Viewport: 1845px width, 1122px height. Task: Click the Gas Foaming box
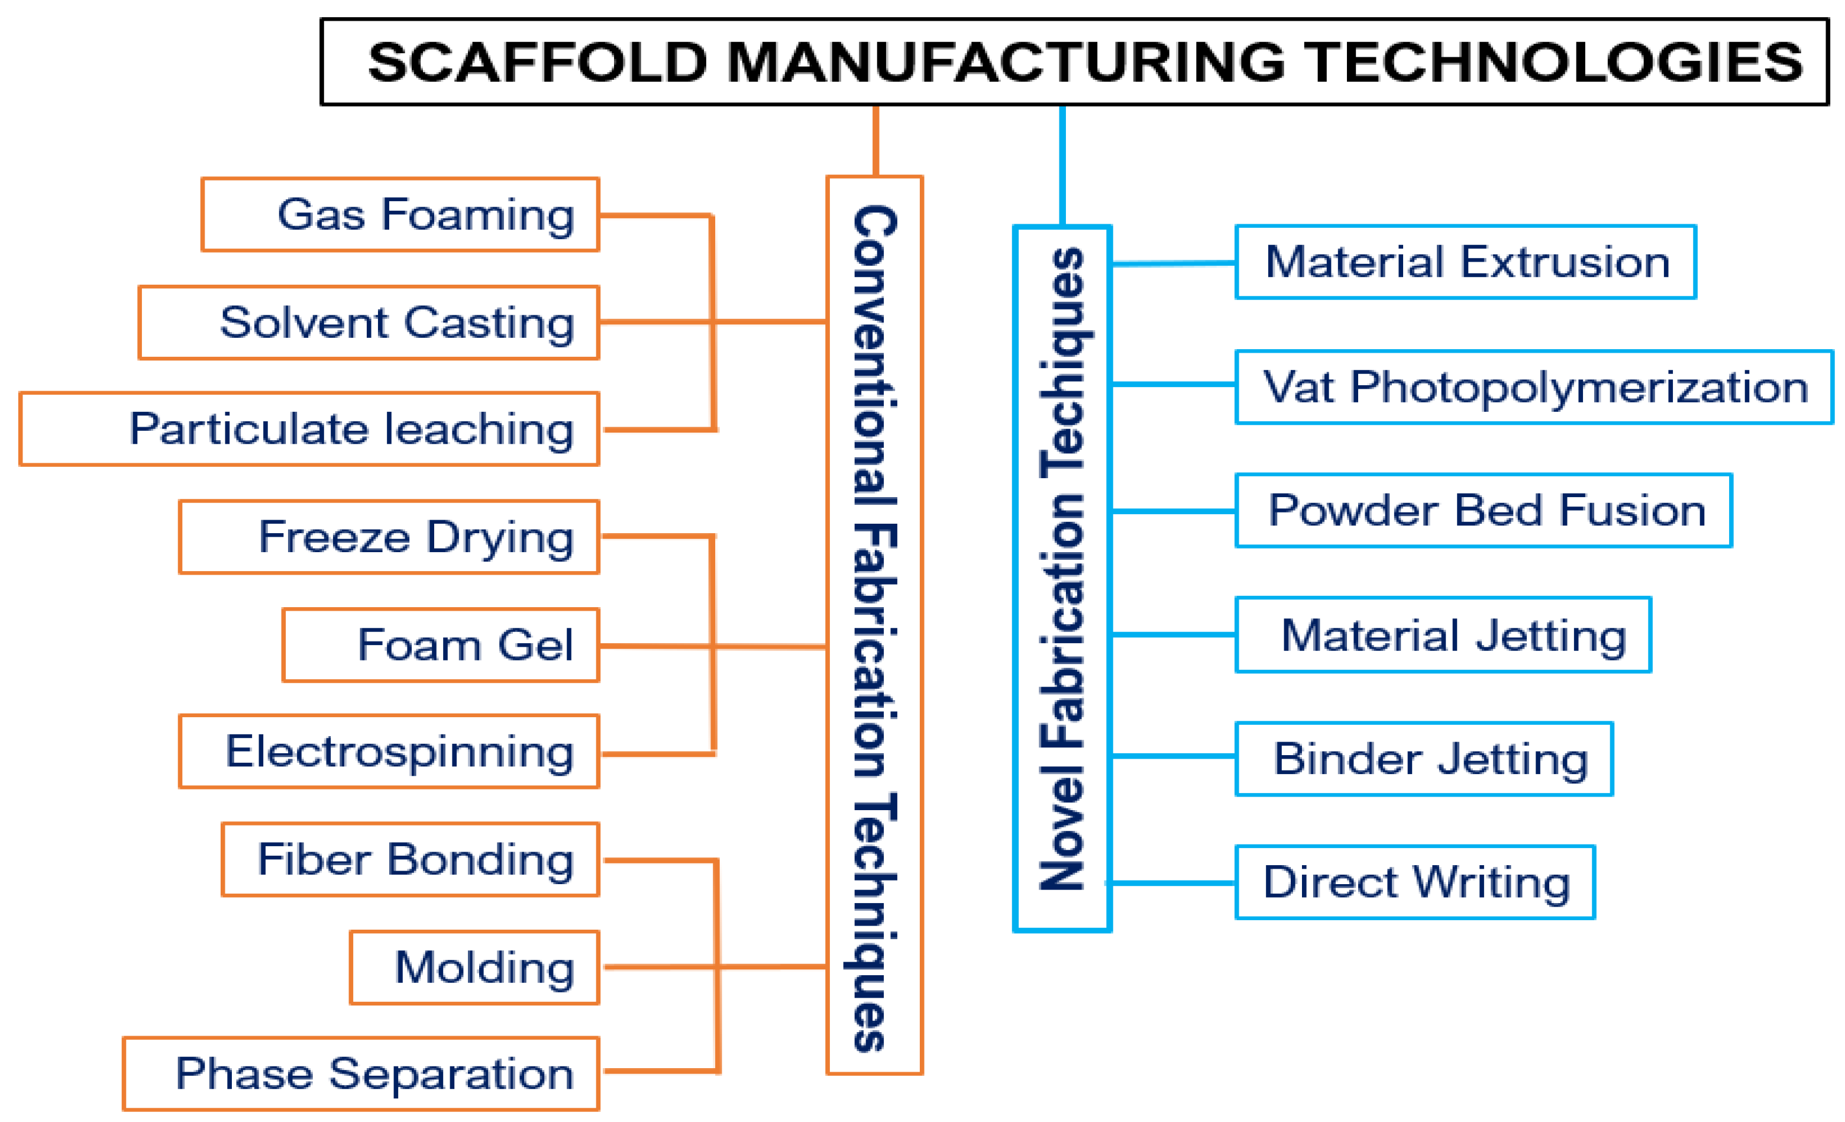tap(400, 215)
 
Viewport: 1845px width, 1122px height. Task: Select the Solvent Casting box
tap(369, 323)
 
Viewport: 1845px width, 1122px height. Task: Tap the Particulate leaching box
tap(309, 429)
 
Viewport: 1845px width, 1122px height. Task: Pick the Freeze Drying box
tap(389, 537)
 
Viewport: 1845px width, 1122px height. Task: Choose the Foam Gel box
tap(441, 645)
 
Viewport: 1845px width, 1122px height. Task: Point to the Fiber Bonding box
tap(411, 859)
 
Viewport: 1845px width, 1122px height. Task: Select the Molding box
tap(475, 967)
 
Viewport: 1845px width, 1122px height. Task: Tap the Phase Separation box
tap(361, 1073)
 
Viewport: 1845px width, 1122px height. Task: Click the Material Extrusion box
tap(1465, 262)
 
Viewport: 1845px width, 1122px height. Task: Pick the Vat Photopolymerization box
tap(1534, 387)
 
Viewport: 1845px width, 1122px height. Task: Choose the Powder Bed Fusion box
tap(1484, 511)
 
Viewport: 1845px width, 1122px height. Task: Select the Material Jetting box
tap(1443, 635)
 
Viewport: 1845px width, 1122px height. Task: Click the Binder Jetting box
tap(1424, 759)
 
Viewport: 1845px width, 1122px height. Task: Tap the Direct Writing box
tap(1415, 882)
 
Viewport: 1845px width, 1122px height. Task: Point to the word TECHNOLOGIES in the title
tap(1555, 62)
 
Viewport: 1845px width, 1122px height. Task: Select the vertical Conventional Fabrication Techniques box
tap(874, 626)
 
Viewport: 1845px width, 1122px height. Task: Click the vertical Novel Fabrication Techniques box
tap(1062, 578)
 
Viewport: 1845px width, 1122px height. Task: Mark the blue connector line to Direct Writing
tap(1172, 883)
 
